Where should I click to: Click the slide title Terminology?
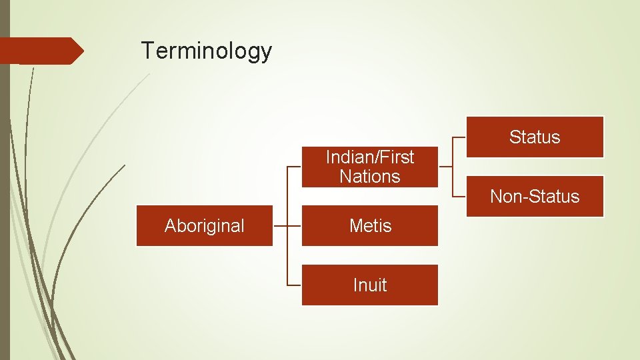click(x=206, y=51)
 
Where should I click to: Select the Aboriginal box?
click(x=205, y=226)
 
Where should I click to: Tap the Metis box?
click(x=370, y=226)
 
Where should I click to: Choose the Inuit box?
click(x=370, y=285)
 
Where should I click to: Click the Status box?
click(x=535, y=137)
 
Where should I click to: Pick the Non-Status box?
click(x=535, y=197)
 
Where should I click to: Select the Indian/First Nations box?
click(x=370, y=167)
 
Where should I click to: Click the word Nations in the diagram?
click(x=370, y=177)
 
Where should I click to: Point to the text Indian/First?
click(x=370, y=157)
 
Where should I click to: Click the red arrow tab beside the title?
click(x=40, y=51)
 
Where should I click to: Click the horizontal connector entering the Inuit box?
click(x=294, y=285)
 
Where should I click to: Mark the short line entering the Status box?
click(x=459, y=137)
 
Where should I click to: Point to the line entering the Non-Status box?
click(x=459, y=197)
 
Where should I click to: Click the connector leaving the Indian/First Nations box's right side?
click(x=445, y=167)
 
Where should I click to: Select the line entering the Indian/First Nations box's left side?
click(x=294, y=167)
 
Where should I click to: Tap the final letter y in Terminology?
click(x=267, y=53)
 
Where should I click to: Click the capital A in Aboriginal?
click(x=170, y=226)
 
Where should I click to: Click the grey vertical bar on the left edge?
click(x=5, y=200)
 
